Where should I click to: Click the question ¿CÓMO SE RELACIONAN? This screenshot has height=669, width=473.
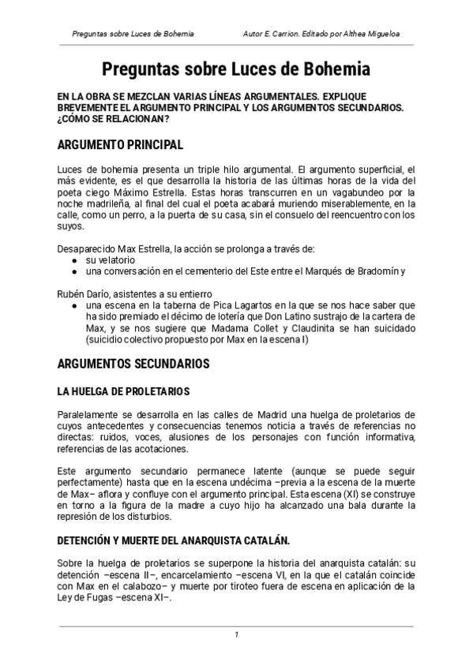[x=113, y=119]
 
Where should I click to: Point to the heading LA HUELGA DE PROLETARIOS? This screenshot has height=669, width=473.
[x=123, y=391]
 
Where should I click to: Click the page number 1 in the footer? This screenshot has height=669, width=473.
[x=236, y=635]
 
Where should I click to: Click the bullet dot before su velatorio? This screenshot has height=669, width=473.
[x=74, y=260]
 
